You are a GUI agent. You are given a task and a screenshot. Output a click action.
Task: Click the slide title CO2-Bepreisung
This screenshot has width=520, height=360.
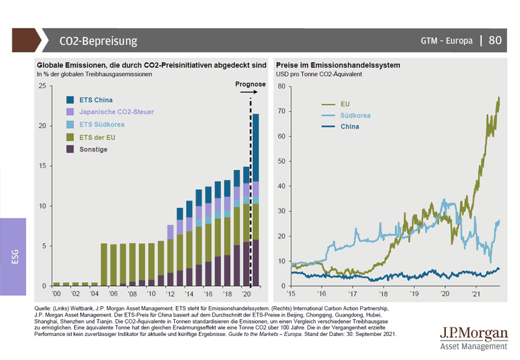(x=98, y=41)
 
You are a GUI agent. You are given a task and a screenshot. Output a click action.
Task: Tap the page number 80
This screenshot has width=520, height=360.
(x=495, y=40)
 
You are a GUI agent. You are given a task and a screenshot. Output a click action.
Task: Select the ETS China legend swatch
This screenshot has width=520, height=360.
(x=70, y=99)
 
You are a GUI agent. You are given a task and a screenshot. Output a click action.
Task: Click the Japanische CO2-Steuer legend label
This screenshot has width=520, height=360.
(x=116, y=112)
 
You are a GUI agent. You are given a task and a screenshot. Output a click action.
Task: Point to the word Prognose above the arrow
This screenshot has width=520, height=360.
(x=250, y=84)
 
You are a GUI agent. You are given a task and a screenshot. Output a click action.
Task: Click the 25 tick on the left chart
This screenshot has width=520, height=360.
(x=42, y=86)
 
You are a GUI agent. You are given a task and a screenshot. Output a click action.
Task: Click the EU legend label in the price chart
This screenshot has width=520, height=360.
(x=346, y=103)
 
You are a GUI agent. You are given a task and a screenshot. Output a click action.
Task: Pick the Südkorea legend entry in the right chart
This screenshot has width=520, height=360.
(x=356, y=115)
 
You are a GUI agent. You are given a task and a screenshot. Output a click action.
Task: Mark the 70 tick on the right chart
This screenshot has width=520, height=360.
(x=281, y=112)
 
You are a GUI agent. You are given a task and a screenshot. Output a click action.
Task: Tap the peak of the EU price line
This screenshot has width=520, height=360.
(x=499, y=97)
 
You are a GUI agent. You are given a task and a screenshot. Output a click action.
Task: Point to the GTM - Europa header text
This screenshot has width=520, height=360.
(x=447, y=41)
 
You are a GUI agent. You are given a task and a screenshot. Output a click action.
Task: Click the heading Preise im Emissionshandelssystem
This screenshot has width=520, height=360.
(x=338, y=66)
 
